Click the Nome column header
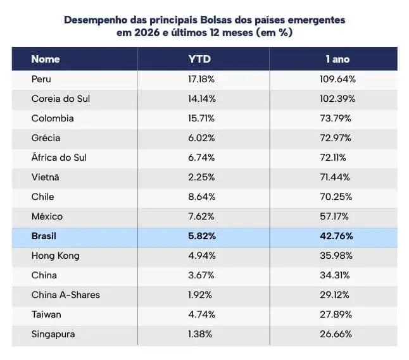click(45, 59)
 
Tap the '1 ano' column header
click(337, 59)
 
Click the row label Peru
click(41, 79)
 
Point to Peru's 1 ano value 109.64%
click(337, 79)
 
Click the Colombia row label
click(52, 118)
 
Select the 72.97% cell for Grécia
click(337, 138)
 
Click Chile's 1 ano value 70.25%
click(337, 197)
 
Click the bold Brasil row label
click(45, 236)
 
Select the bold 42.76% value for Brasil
click(337, 236)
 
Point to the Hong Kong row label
click(55, 256)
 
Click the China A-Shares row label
click(65, 295)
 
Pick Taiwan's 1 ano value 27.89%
click(337, 314)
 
